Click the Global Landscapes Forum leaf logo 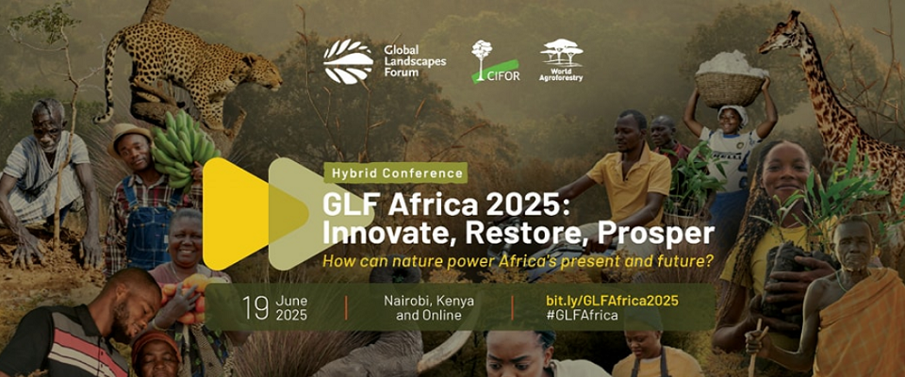(348, 61)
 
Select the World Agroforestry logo (561, 60)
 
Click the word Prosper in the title (656, 233)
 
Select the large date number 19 (256, 308)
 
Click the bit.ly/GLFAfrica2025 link (612, 301)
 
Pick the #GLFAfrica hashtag (582, 315)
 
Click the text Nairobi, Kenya (429, 301)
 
